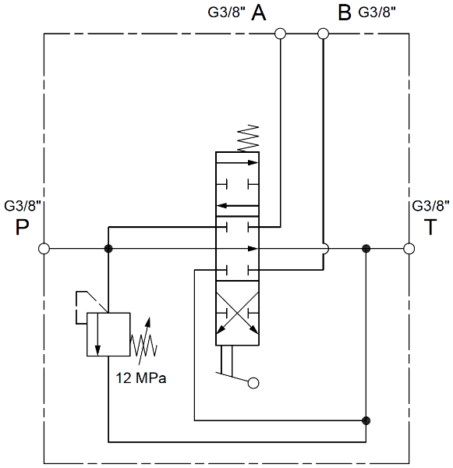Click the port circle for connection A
[x=280, y=34]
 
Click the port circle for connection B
[x=323, y=34]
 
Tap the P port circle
[x=44, y=248]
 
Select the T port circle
[x=409, y=248]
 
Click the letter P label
[x=22, y=228]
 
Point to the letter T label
[x=430, y=227]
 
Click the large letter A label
[x=258, y=12]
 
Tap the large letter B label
[x=345, y=12]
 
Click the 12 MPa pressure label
[x=140, y=378]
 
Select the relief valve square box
[x=108, y=335]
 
